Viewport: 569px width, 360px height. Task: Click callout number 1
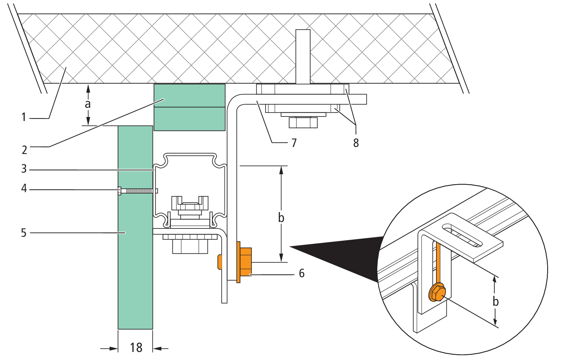click(x=23, y=117)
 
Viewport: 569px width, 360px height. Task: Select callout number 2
click(x=24, y=150)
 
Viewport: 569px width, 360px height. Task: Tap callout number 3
click(x=24, y=168)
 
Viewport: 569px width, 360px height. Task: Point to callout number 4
click(x=24, y=188)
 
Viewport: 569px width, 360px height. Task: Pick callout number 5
click(x=24, y=233)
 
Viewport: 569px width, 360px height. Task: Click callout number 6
click(x=302, y=273)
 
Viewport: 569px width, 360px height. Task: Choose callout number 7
click(x=294, y=143)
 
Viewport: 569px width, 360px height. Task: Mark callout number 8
click(x=356, y=143)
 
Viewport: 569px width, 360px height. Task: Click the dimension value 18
click(x=136, y=347)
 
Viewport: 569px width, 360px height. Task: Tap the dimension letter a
click(x=88, y=104)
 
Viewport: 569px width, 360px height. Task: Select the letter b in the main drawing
click(x=281, y=218)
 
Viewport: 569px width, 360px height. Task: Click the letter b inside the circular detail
click(x=496, y=301)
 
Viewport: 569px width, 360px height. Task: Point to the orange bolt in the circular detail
click(x=437, y=292)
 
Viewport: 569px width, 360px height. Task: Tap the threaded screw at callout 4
click(x=138, y=191)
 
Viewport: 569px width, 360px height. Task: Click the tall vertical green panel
click(x=135, y=227)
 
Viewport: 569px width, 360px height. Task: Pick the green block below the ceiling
click(x=189, y=107)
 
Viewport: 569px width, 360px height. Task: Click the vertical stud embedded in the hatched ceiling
click(x=303, y=57)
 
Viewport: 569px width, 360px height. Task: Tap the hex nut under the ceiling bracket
click(x=303, y=123)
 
